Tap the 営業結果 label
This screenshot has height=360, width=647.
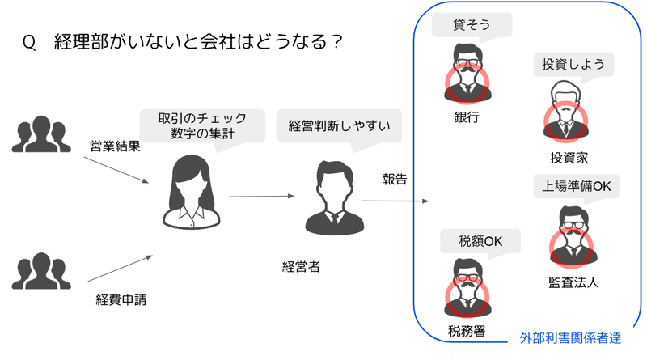pyautogui.click(x=116, y=147)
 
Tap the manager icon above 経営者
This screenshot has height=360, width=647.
pyautogui.click(x=332, y=197)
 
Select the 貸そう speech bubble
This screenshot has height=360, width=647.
pyautogui.click(x=472, y=25)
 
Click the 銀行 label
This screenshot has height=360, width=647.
pyautogui.click(x=467, y=117)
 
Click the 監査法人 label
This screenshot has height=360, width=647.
pyautogui.click(x=573, y=283)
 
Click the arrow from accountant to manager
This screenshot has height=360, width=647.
pyautogui.click(x=260, y=196)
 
